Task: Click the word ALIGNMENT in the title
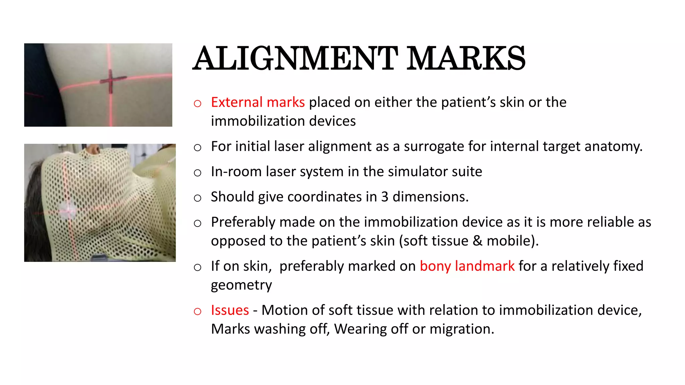(295, 58)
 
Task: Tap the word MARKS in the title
(466, 58)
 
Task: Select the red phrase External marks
(258, 102)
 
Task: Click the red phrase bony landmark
(467, 266)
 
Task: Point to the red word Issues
(230, 310)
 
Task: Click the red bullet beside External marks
(197, 104)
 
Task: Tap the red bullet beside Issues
(197, 311)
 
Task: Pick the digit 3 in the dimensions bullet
(385, 197)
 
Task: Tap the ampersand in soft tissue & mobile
(477, 241)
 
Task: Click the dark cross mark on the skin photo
(111, 80)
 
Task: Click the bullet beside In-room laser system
(197, 173)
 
